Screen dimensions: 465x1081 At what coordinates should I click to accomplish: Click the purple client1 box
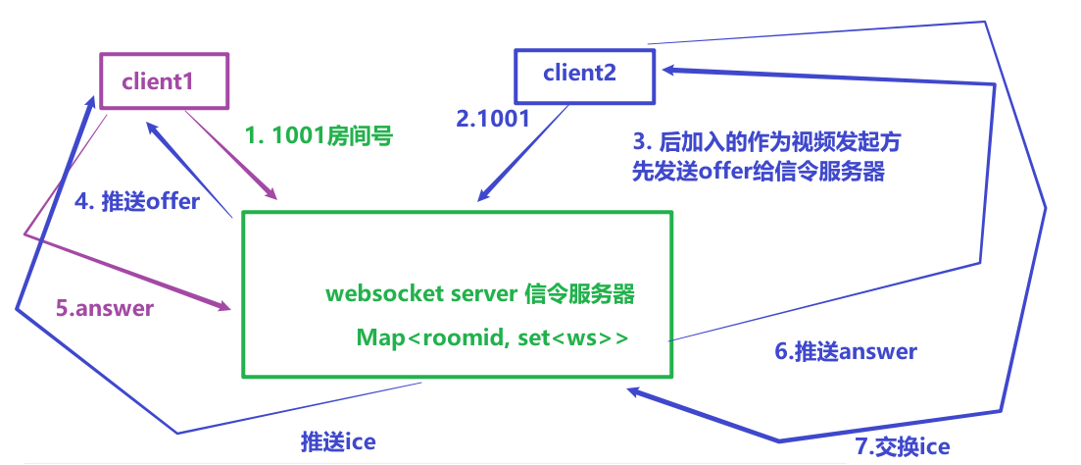coord(164,81)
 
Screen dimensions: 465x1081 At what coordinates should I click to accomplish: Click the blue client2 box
coord(585,74)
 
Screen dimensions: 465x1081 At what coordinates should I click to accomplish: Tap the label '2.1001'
coord(493,119)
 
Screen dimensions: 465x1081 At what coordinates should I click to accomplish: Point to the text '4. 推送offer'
coord(137,201)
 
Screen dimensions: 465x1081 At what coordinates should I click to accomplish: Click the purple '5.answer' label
coord(104,308)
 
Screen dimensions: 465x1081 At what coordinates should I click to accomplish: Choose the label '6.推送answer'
coord(846,350)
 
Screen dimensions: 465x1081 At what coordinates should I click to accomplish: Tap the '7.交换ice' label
coord(903,447)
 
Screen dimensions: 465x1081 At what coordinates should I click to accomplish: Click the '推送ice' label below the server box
coord(338,441)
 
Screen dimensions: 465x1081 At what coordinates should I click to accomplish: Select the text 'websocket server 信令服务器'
coord(479,293)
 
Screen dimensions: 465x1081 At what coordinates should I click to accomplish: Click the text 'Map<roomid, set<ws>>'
coord(492,337)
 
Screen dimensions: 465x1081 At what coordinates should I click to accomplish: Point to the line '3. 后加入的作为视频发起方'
coord(766,142)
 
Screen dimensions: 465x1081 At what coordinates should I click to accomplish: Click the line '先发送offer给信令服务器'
coord(759,171)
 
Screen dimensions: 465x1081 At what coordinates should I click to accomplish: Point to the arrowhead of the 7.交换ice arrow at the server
coord(635,391)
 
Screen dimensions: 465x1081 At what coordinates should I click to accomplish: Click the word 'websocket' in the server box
coord(370,293)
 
